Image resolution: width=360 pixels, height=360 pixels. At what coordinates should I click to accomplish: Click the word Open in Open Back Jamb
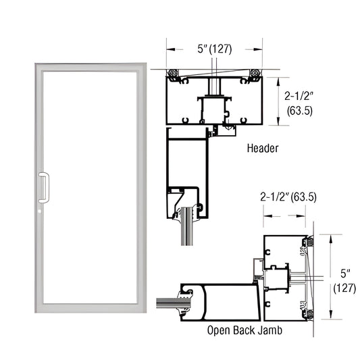click(220, 332)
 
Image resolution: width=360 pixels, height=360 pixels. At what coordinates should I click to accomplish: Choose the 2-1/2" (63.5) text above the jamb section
click(288, 197)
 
